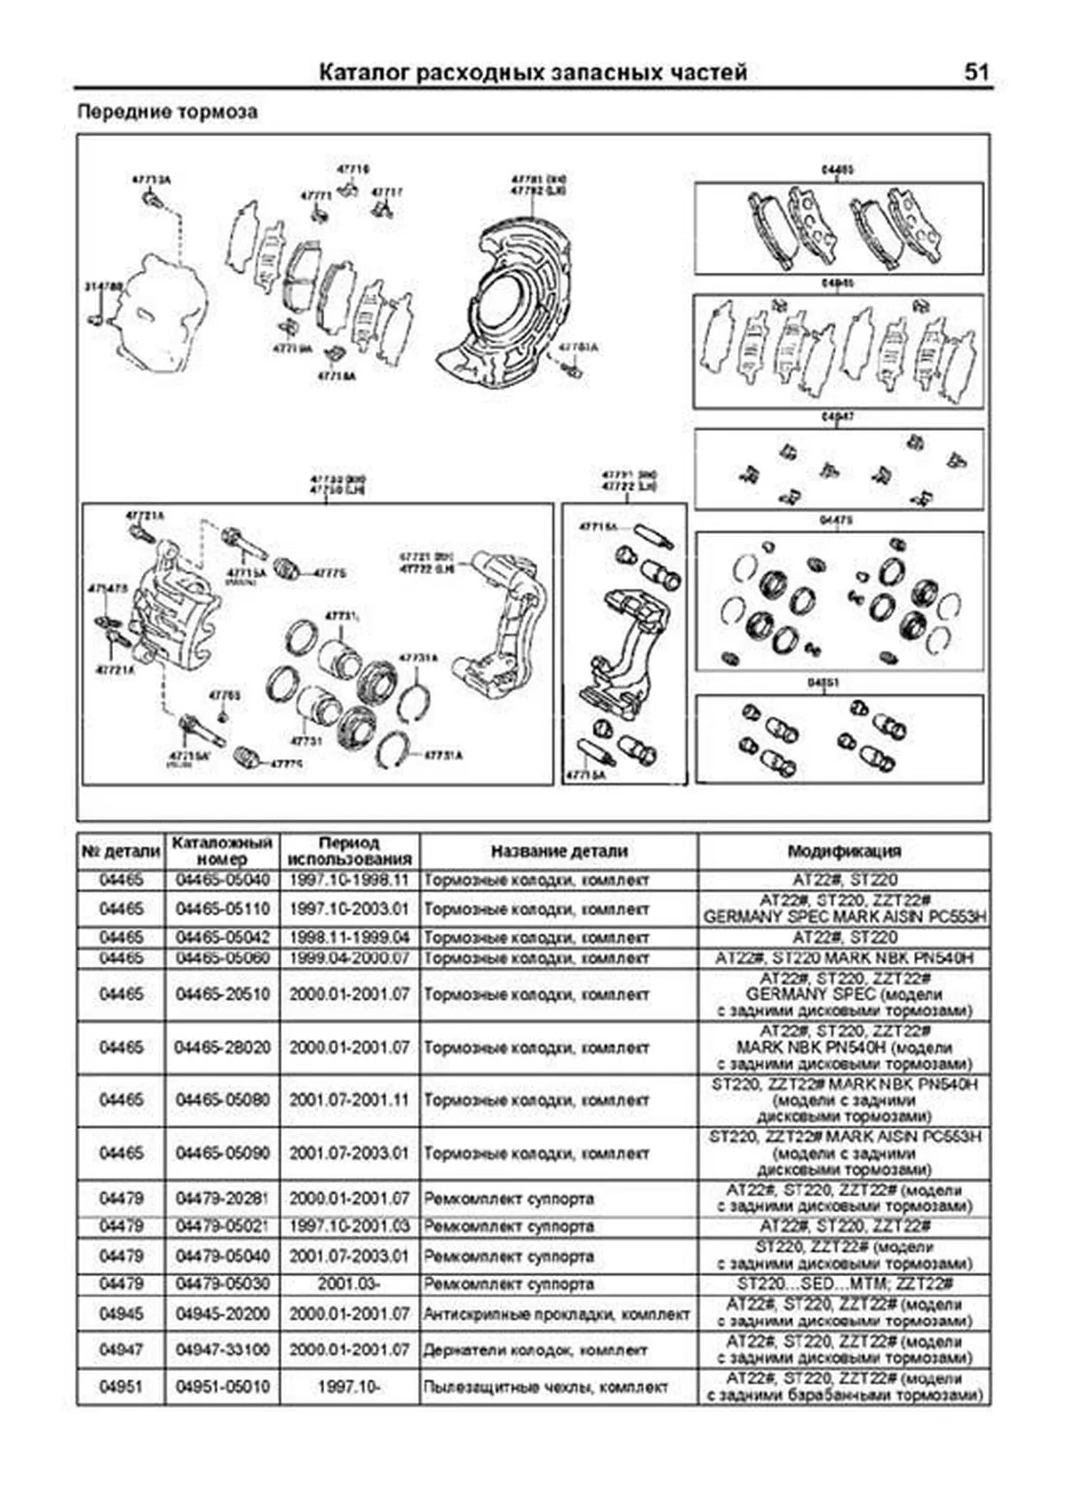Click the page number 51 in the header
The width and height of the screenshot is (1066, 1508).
coord(975,72)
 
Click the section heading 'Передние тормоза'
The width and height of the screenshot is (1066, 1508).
coord(167,113)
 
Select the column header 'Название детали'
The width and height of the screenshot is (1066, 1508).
coord(559,851)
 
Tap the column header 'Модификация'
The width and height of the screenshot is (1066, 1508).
coord(844,851)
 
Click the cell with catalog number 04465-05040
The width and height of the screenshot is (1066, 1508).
coord(222,881)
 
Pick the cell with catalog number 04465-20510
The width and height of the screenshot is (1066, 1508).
coord(222,995)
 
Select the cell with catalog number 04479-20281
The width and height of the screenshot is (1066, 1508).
coord(222,1199)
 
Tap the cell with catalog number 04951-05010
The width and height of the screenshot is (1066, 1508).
coord(222,1387)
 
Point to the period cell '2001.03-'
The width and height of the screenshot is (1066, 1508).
coord(349,1285)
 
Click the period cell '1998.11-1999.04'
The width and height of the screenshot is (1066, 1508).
coord(349,938)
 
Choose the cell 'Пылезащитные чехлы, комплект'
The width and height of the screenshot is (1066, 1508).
coord(545,1387)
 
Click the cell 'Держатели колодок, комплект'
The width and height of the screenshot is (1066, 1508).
coord(536,1351)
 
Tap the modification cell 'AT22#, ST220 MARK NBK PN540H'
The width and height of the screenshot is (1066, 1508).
coord(844,959)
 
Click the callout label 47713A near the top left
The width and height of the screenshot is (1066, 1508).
coord(151,180)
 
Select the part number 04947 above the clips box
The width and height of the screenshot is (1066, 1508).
coord(838,416)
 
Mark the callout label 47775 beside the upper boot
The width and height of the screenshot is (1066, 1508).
coord(330,573)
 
